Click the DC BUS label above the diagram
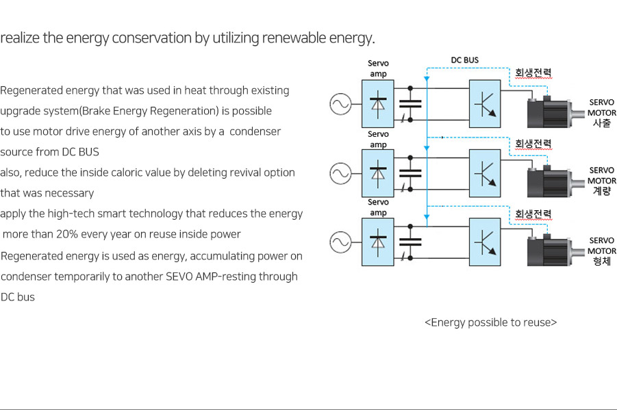pyautogui.click(x=465, y=60)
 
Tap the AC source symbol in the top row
pyautogui.click(x=341, y=104)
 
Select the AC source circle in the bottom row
pyautogui.click(x=341, y=242)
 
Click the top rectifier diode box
pyautogui.click(x=378, y=104)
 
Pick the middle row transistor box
pyautogui.click(x=485, y=173)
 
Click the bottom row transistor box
pyautogui.click(x=485, y=242)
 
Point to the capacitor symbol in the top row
pyautogui.click(x=410, y=104)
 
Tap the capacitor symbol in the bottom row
pyautogui.click(x=410, y=242)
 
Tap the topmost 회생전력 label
pyautogui.click(x=533, y=73)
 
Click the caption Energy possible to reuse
pyautogui.click(x=491, y=322)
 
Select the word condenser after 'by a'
pyautogui.click(x=255, y=131)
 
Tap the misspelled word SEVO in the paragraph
pyautogui.click(x=179, y=277)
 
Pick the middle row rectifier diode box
pyautogui.click(x=378, y=173)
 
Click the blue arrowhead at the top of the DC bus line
pyautogui.click(x=427, y=79)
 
